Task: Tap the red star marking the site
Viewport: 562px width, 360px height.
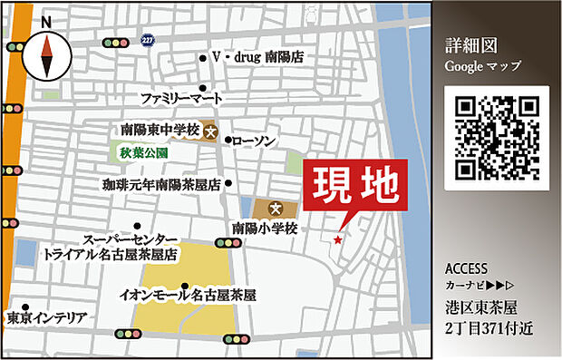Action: (x=338, y=240)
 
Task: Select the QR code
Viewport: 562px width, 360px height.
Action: (x=496, y=136)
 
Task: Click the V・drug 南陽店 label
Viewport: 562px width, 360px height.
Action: (x=257, y=57)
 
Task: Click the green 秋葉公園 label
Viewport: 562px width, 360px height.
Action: (x=144, y=153)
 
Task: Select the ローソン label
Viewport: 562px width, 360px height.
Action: (x=254, y=141)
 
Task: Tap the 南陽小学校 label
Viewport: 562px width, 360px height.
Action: (x=265, y=229)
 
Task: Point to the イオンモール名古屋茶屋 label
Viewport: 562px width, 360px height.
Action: (x=189, y=295)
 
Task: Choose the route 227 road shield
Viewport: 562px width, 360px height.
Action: (x=148, y=40)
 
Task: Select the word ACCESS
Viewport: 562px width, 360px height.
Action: (x=467, y=269)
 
